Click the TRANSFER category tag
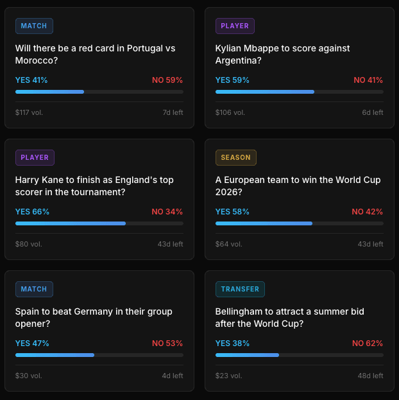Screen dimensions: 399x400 pos(240,289)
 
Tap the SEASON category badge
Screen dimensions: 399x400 pos(236,157)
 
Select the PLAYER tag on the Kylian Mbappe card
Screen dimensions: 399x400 pos(235,26)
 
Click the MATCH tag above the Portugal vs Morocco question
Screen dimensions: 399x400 pos(34,26)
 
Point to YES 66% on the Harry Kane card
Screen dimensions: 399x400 pos(32,212)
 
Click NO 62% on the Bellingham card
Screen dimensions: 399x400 pos(368,343)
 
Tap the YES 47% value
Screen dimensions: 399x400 pos(32,343)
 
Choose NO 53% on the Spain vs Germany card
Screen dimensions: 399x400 pos(167,343)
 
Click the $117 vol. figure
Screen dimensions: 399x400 pos(29,112)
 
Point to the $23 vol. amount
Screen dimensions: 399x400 pos(229,376)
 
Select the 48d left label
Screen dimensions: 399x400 pos(370,376)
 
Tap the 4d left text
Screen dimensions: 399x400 pos(173,376)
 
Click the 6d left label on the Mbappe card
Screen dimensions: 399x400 pos(373,112)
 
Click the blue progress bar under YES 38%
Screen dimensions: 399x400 pos(247,355)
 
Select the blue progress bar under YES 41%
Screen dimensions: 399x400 pos(50,92)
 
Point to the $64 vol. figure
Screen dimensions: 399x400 pos(229,244)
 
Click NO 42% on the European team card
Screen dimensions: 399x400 pos(368,212)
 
